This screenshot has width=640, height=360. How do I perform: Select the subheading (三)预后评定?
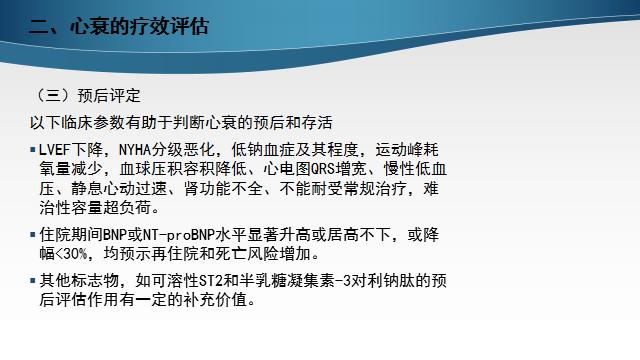click(x=87, y=97)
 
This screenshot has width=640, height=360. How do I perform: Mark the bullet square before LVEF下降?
click(x=33, y=151)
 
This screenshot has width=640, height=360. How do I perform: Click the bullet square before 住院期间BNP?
click(x=33, y=235)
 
